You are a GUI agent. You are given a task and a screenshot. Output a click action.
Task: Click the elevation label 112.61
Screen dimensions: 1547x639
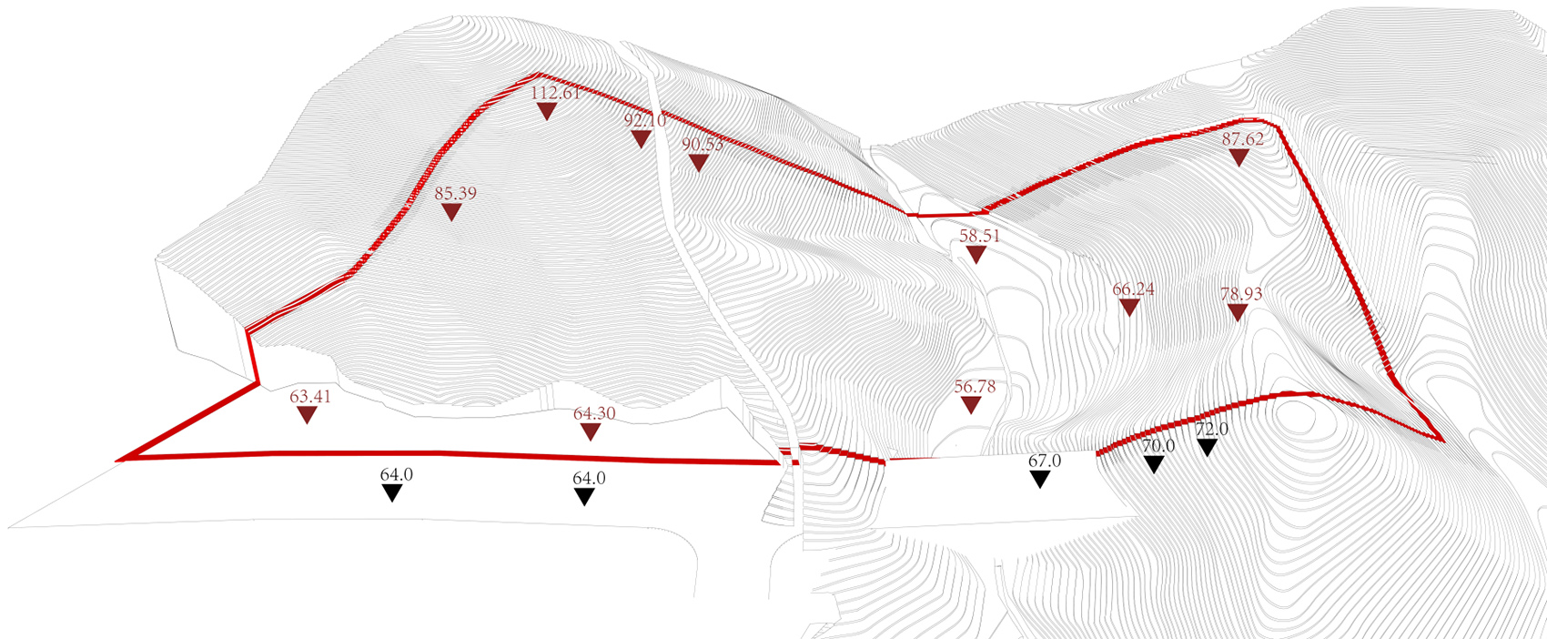(556, 93)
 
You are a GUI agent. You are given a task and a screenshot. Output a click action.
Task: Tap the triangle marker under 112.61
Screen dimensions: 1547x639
(546, 111)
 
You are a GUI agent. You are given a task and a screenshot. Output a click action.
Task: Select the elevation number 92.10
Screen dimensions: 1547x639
(645, 120)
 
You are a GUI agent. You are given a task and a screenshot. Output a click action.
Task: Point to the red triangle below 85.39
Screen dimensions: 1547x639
(451, 211)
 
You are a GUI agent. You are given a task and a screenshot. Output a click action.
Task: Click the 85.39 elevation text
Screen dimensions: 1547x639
(456, 193)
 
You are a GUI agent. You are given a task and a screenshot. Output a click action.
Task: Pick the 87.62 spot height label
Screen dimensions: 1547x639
(1243, 139)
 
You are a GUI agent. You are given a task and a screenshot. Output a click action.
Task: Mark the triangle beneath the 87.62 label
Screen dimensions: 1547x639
(1239, 157)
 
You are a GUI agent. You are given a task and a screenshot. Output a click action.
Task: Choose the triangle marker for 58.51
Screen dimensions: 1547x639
(976, 254)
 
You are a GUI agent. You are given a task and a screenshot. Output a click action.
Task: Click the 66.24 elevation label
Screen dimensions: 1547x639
(1133, 289)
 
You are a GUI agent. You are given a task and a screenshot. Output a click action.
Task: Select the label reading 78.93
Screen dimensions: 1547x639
(1241, 294)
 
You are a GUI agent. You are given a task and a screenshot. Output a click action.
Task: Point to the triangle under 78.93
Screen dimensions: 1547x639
(1238, 312)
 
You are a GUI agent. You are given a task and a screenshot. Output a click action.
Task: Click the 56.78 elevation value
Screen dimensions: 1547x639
(976, 387)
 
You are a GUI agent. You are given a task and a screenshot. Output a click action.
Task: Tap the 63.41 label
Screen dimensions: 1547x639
(310, 397)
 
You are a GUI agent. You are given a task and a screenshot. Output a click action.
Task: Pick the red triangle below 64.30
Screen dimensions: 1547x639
(591, 431)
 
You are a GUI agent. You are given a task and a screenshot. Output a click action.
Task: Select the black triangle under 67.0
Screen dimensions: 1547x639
(1040, 480)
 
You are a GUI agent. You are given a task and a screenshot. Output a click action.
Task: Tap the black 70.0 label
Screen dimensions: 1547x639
(1158, 446)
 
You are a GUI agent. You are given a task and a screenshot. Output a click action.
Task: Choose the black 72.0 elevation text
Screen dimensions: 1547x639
(1212, 430)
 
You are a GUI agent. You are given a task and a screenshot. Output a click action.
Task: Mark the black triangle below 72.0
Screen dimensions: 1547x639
(1208, 448)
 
